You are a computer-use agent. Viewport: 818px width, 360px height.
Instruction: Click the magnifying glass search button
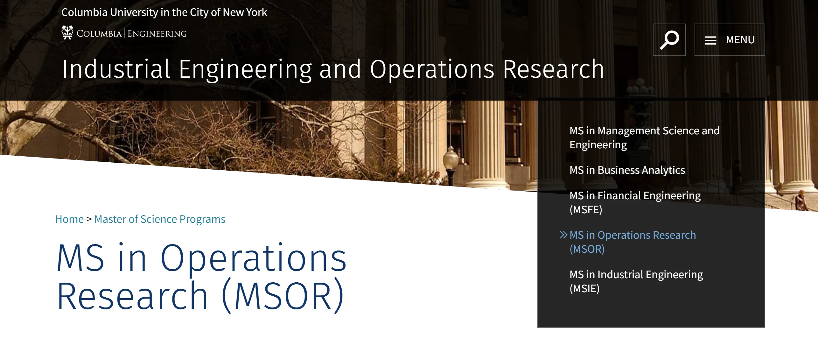(x=669, y=40)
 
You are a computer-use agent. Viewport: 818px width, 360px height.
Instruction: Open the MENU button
(x=730, y=40)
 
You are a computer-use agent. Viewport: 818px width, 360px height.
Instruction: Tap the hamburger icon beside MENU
(x=710, y=40)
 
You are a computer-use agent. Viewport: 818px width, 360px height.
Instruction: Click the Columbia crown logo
(x=67, y=32)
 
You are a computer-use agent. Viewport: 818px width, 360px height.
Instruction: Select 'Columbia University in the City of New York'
(x=164, y=12)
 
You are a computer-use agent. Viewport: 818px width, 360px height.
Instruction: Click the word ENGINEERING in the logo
(x=157, y=34)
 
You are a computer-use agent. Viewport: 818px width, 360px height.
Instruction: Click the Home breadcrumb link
(x=69, y=219)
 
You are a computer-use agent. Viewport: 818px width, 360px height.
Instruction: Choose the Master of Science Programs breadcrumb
(x=160, y=219)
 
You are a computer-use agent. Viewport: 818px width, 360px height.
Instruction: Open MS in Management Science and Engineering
(x=644, y=138)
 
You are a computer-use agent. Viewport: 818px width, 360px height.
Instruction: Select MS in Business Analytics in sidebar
(x=627, y=170)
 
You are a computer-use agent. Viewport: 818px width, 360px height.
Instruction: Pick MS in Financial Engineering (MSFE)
(x=635, y=202)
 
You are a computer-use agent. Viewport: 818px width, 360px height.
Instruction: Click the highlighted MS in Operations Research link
(x=633, y=242)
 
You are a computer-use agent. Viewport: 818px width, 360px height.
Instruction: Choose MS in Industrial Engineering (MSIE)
(x=636, y=281)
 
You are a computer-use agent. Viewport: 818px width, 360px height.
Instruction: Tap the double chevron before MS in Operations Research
(x=563, y=235)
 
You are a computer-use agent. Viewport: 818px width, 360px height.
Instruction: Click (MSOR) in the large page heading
(x=283, y=296)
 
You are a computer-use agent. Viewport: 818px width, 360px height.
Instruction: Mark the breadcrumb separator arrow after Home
(x=89, y=219)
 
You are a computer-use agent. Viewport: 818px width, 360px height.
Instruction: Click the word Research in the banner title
(x=553, y=69)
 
